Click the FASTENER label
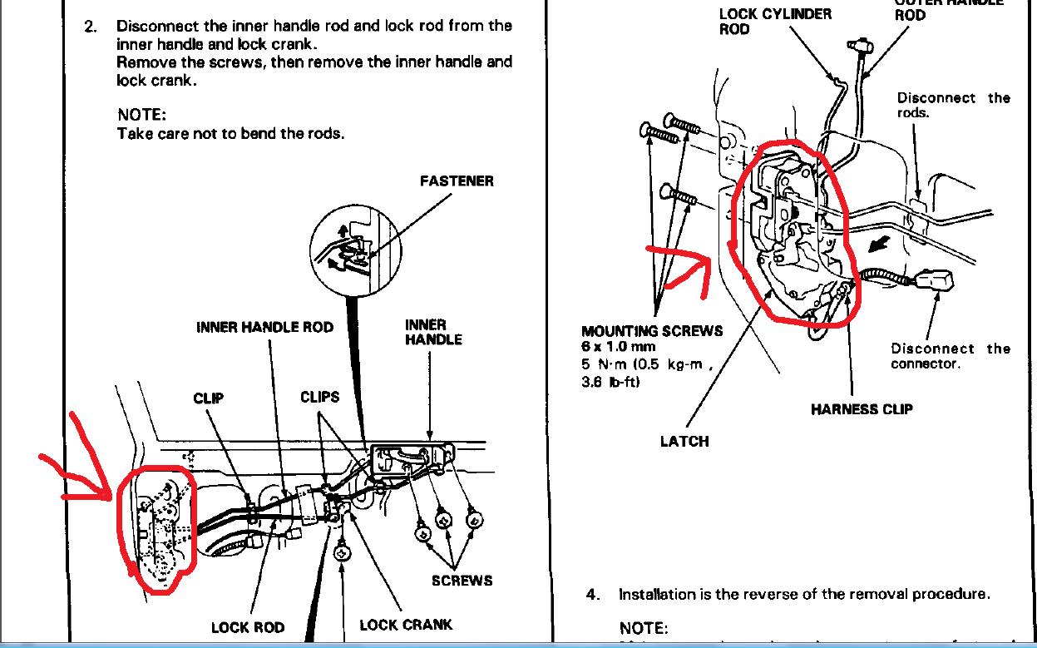pos(456,181)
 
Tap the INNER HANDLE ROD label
pos(264,327)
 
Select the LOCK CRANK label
pos(406,625)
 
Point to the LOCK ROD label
pos(248,627)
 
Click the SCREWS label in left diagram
pos(462,581)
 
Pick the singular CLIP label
pos(208,398)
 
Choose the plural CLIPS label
pos(320,398)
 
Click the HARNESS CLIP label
pos(862,408)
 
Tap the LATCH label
pos(684,441)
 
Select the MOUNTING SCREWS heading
pos(652,331)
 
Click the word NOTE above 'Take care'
pos(142,115)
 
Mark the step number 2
pos(90,26)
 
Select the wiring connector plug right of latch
pos(937,279)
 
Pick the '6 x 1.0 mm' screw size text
pos(618,346)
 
